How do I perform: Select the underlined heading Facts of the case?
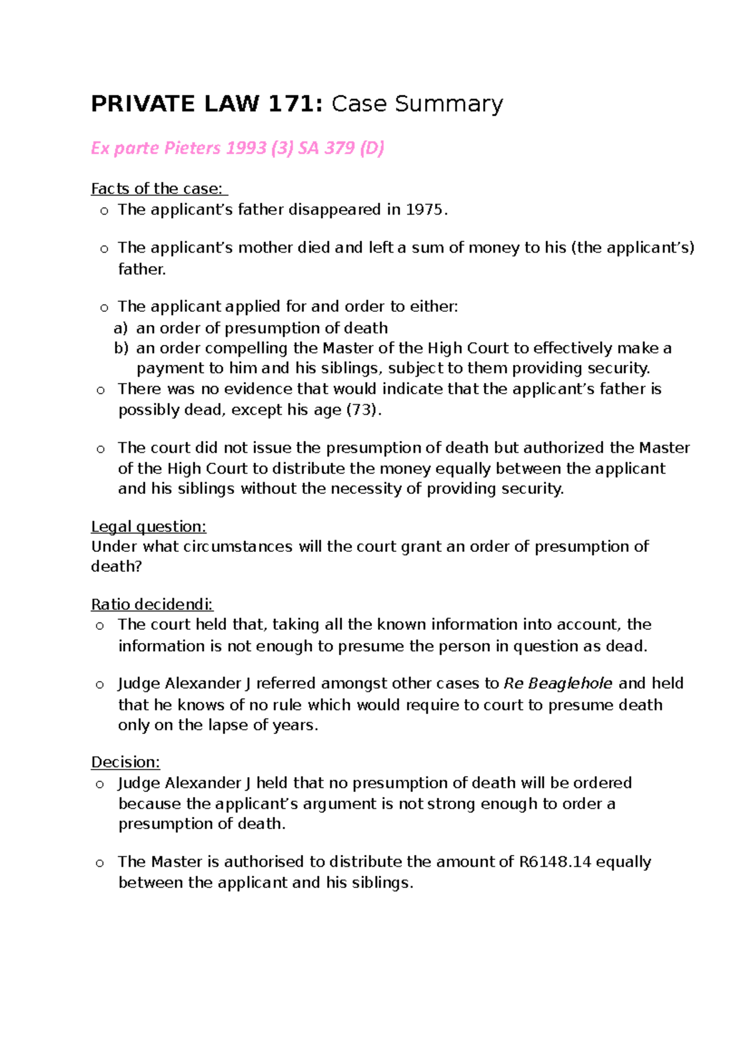pyautogui.click(x=159, y=188)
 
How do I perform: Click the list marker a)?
pyautogui.click(x=120, y=328)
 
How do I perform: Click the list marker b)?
pyautogui.click(x=121, y=348)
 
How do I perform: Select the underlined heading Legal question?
pyautogui.click(x=149, y=526)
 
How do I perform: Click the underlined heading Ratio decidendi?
pyautogui.click(x=152, y=604)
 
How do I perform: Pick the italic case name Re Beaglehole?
pyautogui.click(x=557, y=684)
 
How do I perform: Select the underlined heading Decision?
pyautogui.click(x=125, y=762)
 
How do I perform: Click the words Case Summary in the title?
pyautogui.click(x=417, y=104)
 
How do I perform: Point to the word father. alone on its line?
pyautogui.click(x=142, y=269)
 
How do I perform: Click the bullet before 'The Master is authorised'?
pyautogui.click(x=100, y=863)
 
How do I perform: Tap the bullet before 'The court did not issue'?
pyautogui.click(x=100, y=448)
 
